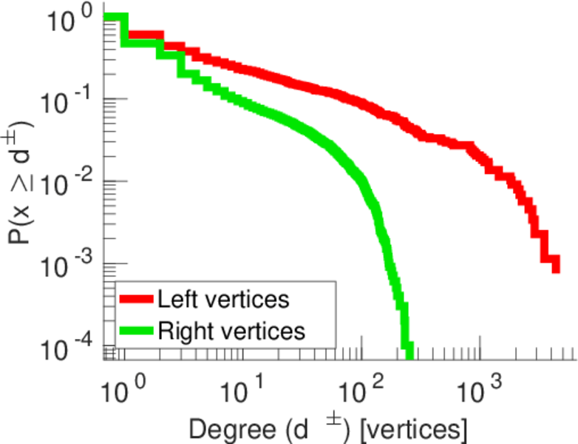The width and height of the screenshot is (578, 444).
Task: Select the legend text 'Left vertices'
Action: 222,299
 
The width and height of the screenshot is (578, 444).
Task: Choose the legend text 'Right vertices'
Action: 231,331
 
